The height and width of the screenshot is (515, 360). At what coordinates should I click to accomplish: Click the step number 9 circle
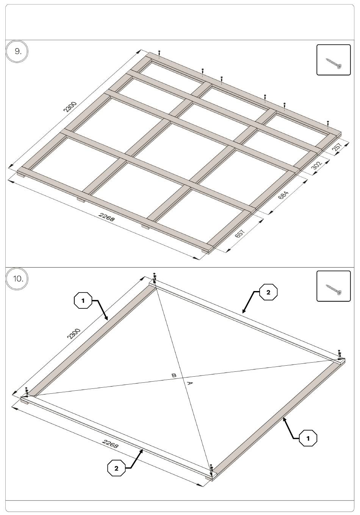(x=17, y=51)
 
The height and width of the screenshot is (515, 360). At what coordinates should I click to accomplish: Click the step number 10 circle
(x=17, y=279)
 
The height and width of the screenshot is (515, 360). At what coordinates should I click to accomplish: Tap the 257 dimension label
(x=338, y=147)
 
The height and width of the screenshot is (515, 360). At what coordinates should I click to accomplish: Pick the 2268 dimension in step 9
(x=106, y=217)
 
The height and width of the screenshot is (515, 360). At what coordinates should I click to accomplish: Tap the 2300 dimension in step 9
(x=70, y=106)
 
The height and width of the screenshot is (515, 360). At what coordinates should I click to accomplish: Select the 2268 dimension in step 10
(x=110, y=443)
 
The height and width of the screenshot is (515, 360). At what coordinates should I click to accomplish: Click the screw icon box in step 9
(x=333, y=60)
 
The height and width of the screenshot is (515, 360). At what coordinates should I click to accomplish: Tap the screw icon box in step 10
(x=333, y=286)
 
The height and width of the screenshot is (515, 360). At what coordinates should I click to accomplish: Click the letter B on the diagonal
(x=174, y=376)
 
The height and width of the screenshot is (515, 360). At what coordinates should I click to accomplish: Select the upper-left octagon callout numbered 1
(x=83, y=300)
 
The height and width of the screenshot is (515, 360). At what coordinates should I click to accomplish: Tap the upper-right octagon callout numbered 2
(x=268, y=293)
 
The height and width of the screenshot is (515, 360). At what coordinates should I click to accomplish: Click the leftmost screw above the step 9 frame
(x=159, y=53)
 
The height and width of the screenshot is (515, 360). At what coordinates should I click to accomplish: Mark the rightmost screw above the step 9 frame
(x=328, y=124)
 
